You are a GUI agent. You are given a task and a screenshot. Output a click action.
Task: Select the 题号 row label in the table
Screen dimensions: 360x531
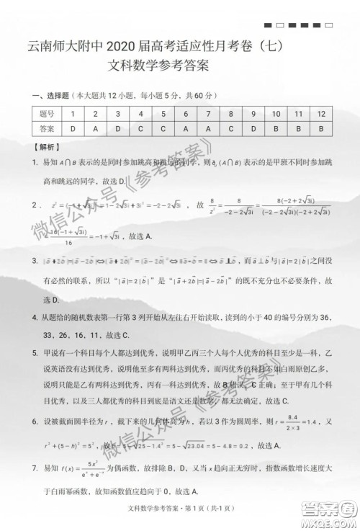tap(47, 114)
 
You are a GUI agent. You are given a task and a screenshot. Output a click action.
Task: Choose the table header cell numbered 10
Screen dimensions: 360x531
tap(276, 114)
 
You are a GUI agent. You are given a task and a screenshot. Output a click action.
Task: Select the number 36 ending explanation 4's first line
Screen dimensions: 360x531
tap(325, 317)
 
